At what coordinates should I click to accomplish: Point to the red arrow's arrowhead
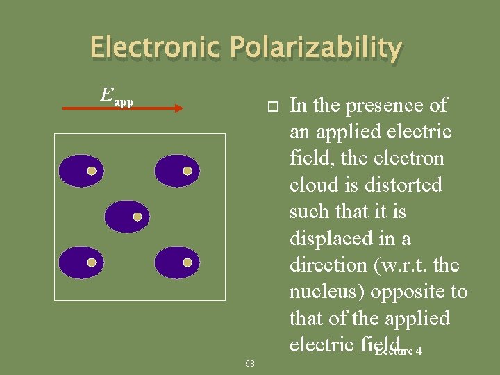(x=178, y=108)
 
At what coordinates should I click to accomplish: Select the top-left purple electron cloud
(x=81, y=171)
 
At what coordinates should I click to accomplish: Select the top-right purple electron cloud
(x=176, y=171)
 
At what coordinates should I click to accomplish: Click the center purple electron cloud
(x=127, y=217)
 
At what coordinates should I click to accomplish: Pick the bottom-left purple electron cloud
(x=81, y=262)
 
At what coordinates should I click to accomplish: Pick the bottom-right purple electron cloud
(x=176, y=262)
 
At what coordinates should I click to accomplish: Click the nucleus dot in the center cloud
(x=137, y=217)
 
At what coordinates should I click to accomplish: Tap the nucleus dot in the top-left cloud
(x=91, y=171)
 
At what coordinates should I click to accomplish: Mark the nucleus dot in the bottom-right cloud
(x=187, y=262)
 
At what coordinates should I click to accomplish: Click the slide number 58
(x=250, y=363)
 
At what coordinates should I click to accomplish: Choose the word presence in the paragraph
(x=388, y=106)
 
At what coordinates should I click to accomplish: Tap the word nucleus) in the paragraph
(x=326, y=292)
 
